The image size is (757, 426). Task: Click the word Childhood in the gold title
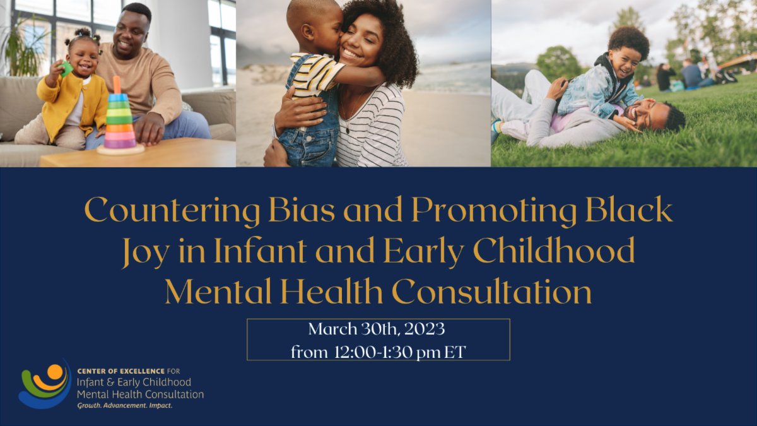pyautogui.click(x=554, y=251)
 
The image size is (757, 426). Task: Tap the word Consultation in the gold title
pyautogui.click(x=491, y=292)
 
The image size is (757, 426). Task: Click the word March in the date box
pyautogui.click(x=332, y=329)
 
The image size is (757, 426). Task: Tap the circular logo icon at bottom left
pyautogui.click(x=44, y=383)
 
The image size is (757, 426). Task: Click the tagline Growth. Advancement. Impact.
pyautogui.click(x=124, y=406)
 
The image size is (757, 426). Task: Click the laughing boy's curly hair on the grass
pyautogui.click(x=630, y=40)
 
